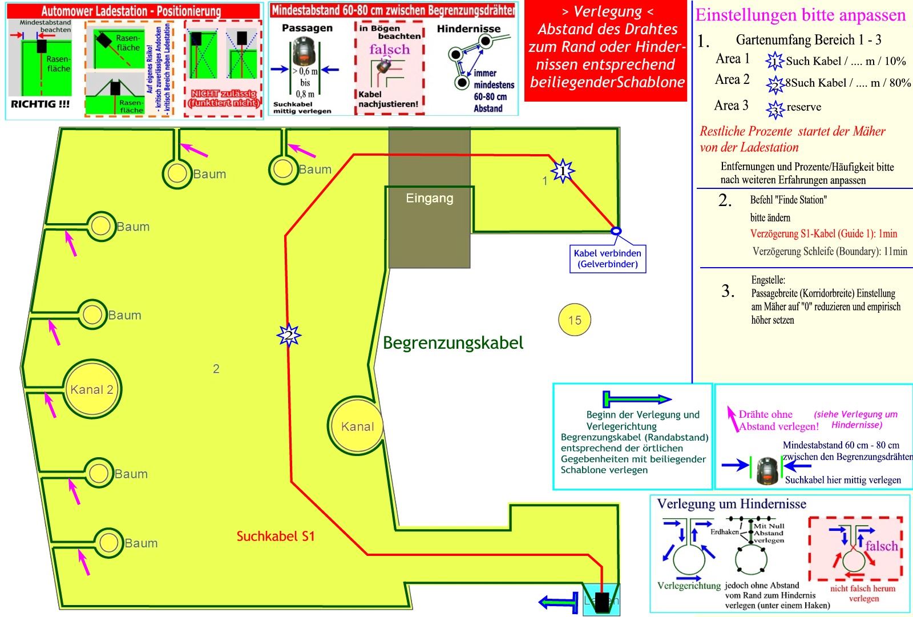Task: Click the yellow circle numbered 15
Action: coord(574,320)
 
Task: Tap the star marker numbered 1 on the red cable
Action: coord(563,171)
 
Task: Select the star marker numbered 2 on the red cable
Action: coord(289,335)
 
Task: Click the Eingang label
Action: coord(429,198)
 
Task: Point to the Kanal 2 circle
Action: coord(91,389)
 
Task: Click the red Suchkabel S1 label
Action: coord(276,536)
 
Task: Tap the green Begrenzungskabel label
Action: coord(453,342)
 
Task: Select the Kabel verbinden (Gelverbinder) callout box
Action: coord(608,259)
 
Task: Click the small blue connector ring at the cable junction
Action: coord(616,231)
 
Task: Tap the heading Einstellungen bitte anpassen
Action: coord(800,15)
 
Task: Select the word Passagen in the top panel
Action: coord(307,28)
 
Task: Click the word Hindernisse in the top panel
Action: coord(468,29)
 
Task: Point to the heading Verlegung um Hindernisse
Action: coord(732,504)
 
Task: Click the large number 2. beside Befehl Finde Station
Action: coord(725,200)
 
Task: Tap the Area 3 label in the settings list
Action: coord(731,106)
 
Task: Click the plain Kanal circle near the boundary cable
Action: coord(357,426)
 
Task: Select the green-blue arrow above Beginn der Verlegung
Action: coord(637,398)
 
